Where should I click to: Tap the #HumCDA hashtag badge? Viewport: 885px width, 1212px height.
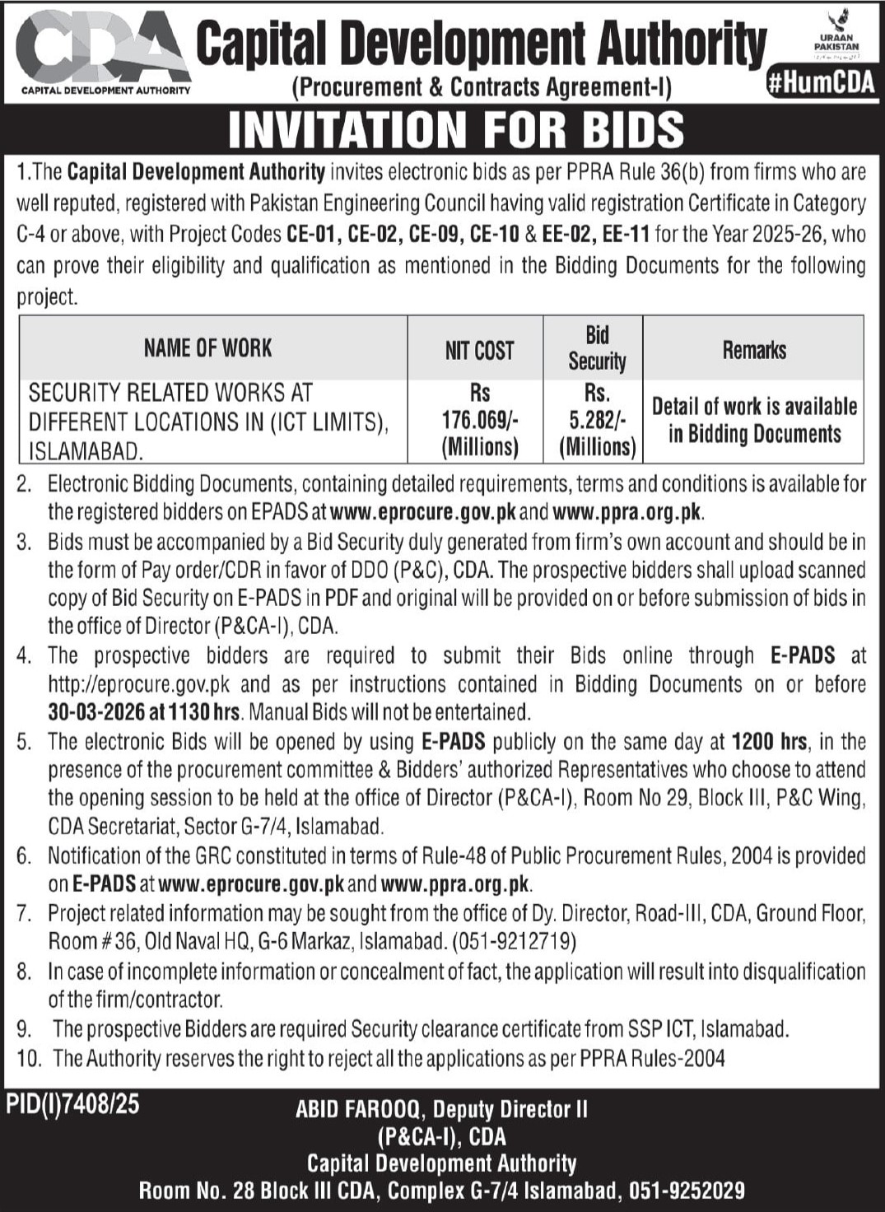click(x=820, y=83)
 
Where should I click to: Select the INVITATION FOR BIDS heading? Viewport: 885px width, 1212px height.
click(x=455, y=130)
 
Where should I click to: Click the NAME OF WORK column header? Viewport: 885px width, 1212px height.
click(x=207, y=348)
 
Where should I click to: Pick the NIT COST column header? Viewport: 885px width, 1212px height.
click(x=479, y=351)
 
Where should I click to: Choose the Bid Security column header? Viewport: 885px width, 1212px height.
click(x=597, y=348)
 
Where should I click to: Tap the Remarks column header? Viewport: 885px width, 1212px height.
click(x=754, y=350)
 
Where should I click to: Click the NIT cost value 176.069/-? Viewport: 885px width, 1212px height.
click(x=479, y=420)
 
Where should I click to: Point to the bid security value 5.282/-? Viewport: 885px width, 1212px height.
click(x=597, y=420)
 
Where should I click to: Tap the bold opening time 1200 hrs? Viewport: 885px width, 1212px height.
click(x=769, y=742)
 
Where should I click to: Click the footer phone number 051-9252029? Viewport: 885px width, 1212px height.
click(x=687, y=1191)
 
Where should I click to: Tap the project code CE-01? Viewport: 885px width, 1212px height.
click(x=312, y=235)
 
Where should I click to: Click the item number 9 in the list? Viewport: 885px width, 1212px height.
click(x=25, y=1029)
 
